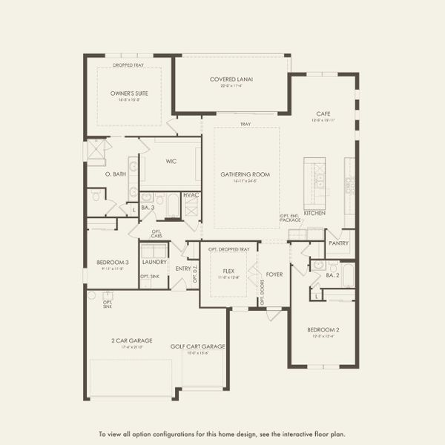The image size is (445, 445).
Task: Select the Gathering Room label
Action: pyautogui.click(x=245, y=175)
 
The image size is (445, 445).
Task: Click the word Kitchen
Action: pyautogui.click(x=314, y=212)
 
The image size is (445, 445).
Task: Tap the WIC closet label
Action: pyautogui.click(x=171, y=160)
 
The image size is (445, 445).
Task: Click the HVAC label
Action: pyautogui.click(x=191, y=195)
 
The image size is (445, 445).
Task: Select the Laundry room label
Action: pyautogui.click(x=154, y=262)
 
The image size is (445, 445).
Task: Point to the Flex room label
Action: pyautogui.click(x=229, y=271)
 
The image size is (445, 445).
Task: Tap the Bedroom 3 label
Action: pyautogui.click(x=112, y=263)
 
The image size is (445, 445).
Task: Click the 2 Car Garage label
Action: pyautogui.click(x=131, y=340)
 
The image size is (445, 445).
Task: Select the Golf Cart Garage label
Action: pyautogui.click(x=197, y=346)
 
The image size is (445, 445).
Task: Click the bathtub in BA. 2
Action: pyautogui.click(x=347, y=275)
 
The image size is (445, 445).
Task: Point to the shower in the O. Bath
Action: pyautogui.click(x=96, y=150)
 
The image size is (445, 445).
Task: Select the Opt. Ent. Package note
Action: pyautogui.click(x=290, y=219)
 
